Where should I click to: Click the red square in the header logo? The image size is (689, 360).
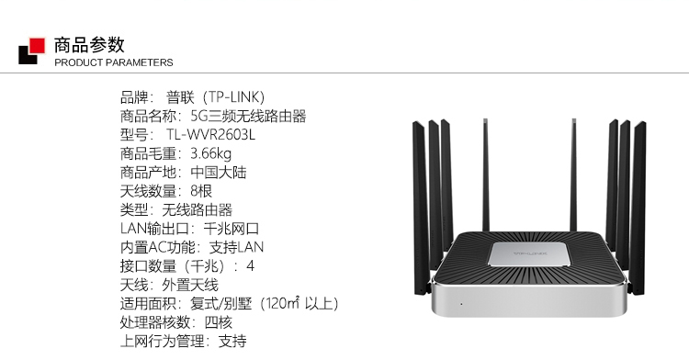(x=37, y=46)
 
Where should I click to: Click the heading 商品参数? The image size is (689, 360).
(x=90, y=45)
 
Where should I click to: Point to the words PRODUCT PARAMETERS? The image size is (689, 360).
(x=114, y=62)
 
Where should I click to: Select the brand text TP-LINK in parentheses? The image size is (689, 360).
(x=236, y=97)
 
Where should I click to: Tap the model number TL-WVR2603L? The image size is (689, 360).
(x=210, y=135)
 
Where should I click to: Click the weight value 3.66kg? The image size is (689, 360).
(x=210, y=153)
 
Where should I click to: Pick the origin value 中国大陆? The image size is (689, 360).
(x=219, y=173)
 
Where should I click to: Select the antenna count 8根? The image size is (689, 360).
(x=201, y=191)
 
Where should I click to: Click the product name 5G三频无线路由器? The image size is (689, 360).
(x=248, y=117)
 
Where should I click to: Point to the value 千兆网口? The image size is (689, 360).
(x=232, y=229)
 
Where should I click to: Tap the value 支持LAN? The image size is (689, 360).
(x=236, y=248)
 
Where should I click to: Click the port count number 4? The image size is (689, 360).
(x=251, y=266)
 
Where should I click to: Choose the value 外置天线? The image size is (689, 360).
(x=190, y=286)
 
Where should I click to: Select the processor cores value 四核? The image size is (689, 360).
(x=219, y=322)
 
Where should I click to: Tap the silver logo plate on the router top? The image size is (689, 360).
(x=530, y=254)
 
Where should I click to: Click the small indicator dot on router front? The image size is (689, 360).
(x=461, y=304)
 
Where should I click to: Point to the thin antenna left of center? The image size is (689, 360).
(x=486, y=175)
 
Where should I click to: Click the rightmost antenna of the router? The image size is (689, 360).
(x=638, y=208)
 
